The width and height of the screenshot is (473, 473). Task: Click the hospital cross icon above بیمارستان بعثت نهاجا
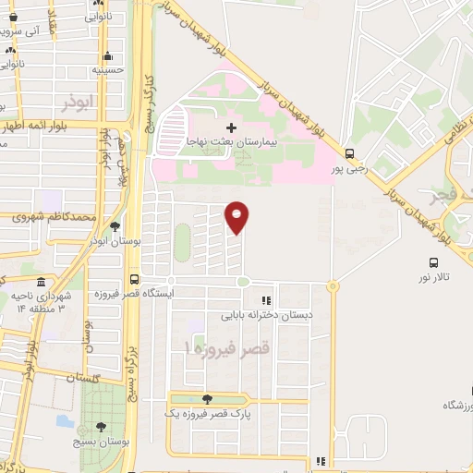[231, 127]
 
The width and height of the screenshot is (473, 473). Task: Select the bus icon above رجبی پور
[349, 154]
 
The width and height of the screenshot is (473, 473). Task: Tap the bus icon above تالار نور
[433, 261]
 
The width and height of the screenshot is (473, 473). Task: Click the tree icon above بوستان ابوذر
[115, 225]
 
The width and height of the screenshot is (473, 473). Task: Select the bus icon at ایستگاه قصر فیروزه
[135, 279]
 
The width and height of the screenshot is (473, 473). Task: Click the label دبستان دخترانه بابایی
[266, 315]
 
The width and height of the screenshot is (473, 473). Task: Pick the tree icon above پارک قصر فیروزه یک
[205, 399]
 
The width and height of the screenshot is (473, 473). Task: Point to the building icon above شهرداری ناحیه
[38, 280]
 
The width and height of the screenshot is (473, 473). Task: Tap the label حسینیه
[109, 69]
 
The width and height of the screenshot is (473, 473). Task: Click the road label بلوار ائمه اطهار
[37, 127]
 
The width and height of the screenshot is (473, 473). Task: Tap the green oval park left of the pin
[182, 241]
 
